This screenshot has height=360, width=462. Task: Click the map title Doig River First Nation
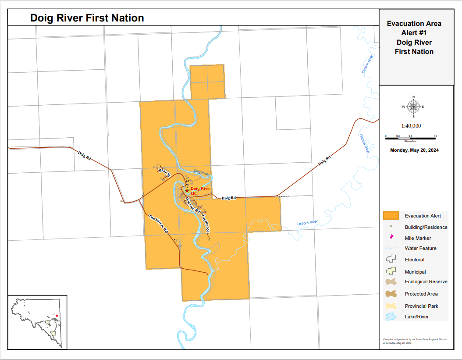tap(87, 18)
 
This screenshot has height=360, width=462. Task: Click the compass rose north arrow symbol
tap(414, 107)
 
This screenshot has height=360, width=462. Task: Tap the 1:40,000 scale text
tap(411, 126)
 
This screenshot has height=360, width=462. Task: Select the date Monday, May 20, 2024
tap(414, 150)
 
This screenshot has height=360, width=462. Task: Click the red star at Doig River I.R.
tap(187, 190)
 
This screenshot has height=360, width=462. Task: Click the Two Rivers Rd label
tap(158, 223)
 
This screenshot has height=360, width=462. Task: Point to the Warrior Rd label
tap(193, 205)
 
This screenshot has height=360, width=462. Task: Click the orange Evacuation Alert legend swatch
tap(391, 215)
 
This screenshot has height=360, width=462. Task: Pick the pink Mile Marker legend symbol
tap(391, 237)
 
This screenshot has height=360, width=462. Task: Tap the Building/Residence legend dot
tap(391, 227)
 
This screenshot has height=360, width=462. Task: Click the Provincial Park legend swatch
tap(391, 306)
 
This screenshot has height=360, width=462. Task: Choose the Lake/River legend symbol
tap(391, 316)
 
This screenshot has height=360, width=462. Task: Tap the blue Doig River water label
tap(202, 173)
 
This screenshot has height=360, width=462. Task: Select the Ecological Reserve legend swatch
tap(391, 282)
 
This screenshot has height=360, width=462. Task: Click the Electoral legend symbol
tap(391, 260)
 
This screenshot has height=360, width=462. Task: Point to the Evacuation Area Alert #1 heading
tap(414, 38)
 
